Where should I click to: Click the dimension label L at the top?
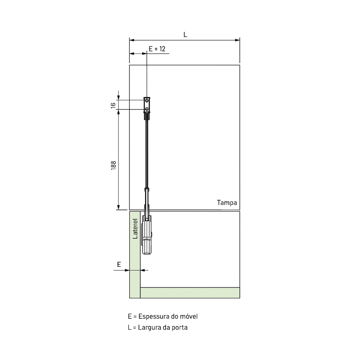185,35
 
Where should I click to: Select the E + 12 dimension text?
157,49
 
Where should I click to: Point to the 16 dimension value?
113,105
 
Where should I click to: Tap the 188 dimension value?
113,165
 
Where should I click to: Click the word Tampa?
227,203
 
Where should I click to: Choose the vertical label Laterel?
135,229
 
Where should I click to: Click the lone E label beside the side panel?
119,265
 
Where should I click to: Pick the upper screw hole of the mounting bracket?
147,100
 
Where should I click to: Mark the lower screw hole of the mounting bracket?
147,109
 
